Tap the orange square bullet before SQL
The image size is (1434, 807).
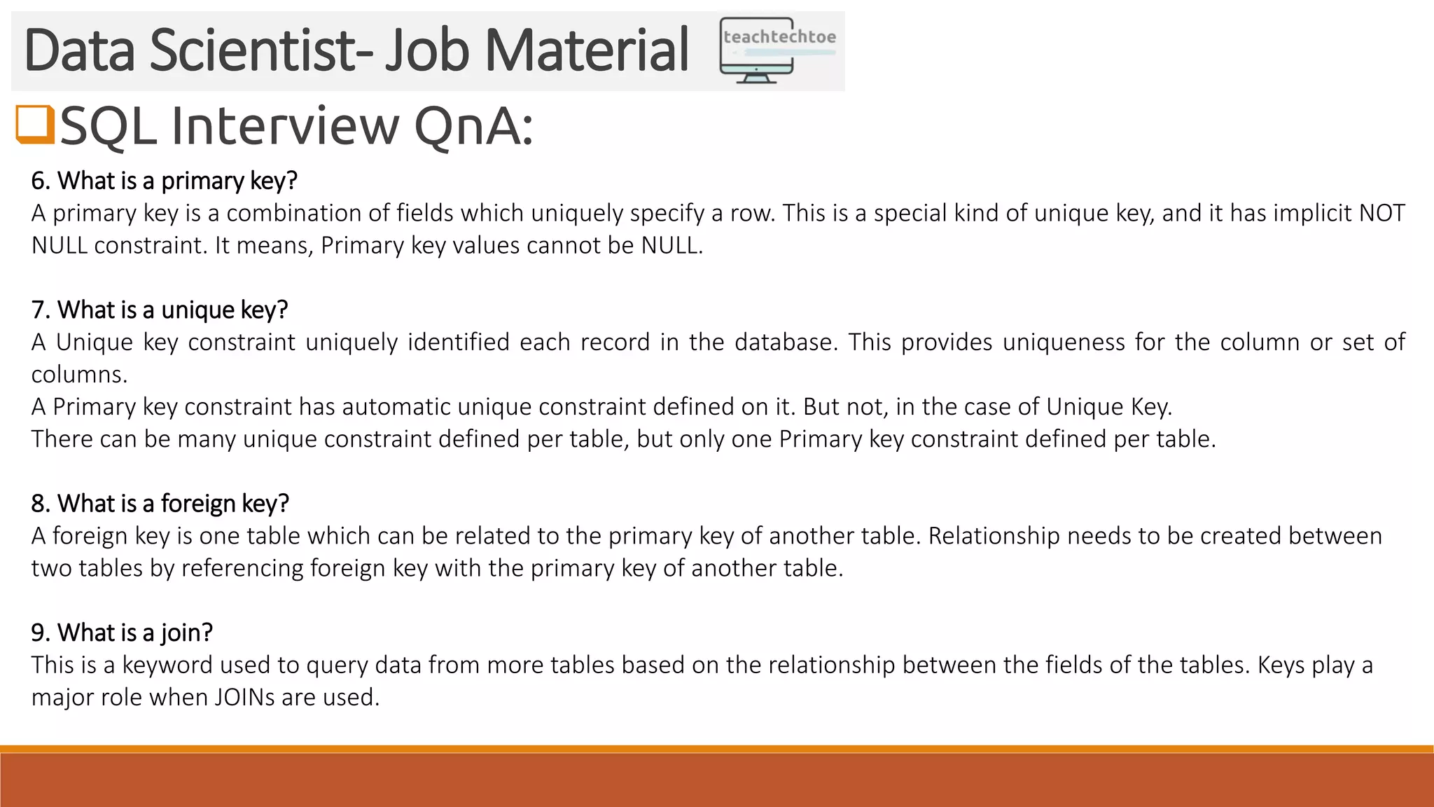(35, 124)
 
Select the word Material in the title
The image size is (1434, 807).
(586, 50)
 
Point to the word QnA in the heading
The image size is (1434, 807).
(473, 127)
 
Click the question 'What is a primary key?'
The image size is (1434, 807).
(165, 181)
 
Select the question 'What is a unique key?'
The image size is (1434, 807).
(160, 310)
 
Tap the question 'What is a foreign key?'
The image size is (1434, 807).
(160, 503)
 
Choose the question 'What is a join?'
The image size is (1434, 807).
(122, 632)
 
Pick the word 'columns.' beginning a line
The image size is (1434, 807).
(79, 374)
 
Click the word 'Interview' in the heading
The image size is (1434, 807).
(284, 127)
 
